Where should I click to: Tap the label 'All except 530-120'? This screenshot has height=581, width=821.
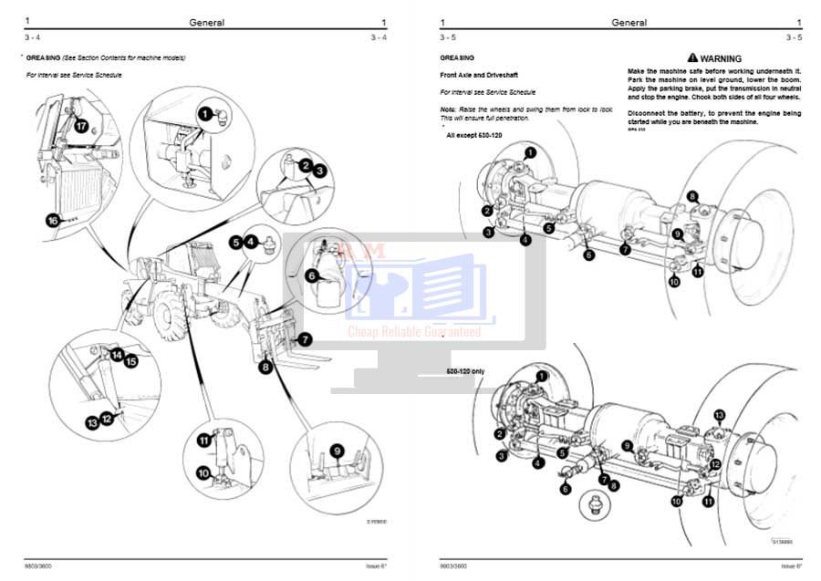(473, 135)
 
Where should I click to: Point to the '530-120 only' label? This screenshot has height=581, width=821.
(465, 370)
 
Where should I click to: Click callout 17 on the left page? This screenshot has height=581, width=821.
(80, 127)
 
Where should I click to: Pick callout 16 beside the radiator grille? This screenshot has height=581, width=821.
(53, 219)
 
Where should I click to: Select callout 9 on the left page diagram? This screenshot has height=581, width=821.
(337, 450)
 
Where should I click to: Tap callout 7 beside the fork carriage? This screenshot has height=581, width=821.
(305, 337)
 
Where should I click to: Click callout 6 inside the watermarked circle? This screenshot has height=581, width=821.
(312, 275)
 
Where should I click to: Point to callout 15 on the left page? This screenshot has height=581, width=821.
(130, 361)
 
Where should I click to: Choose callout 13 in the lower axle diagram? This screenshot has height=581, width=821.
(719, 416)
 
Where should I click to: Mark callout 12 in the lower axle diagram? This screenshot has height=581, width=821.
(715, 464)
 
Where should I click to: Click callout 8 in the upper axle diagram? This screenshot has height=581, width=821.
(692, 196)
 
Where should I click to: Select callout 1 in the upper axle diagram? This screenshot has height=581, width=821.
(531, 153)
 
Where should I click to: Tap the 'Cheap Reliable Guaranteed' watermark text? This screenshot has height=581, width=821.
(414, 332)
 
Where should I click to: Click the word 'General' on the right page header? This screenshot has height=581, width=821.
(629, 23)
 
